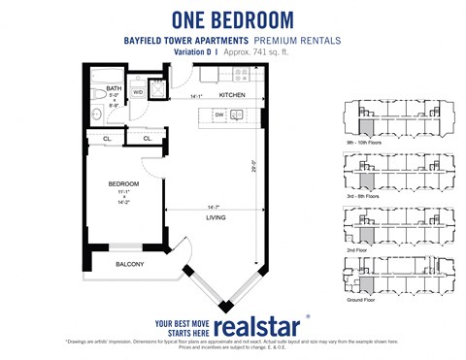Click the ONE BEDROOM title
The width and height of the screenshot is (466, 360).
coord(232,17)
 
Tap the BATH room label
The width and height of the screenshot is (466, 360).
coord(113,87)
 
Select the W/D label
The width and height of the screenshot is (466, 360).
coord(138,93)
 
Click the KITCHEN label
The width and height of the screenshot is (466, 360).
coord(231,95)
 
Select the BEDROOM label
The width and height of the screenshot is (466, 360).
coord(123,183)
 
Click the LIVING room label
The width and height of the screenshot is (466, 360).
coord(215,217)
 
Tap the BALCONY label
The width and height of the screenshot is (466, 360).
coord(130,264)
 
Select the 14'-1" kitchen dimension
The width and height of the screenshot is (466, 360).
coord(197,96)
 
